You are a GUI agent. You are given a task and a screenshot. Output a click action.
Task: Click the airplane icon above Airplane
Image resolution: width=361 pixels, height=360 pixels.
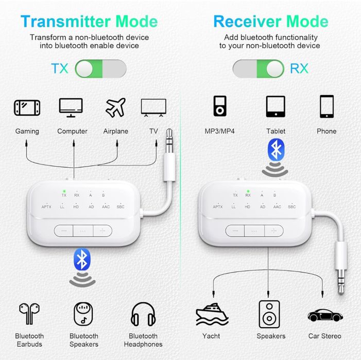(115, 107)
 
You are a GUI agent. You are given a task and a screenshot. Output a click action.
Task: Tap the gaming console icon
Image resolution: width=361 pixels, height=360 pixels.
(27, 107)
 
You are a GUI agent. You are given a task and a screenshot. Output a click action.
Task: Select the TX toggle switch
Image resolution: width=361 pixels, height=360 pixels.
(100, 69)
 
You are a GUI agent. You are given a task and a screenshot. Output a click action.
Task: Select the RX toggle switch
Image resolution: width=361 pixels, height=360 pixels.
(259, 69)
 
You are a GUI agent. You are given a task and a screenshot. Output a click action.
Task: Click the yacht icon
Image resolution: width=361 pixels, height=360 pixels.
(212, 314)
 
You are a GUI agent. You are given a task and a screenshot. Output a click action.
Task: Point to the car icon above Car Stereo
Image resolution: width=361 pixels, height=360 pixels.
(325, 315)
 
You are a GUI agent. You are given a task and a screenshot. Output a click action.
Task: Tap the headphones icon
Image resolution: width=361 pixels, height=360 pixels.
(143, 314)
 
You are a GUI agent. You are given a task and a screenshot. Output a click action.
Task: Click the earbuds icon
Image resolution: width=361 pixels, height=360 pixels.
(29, 314)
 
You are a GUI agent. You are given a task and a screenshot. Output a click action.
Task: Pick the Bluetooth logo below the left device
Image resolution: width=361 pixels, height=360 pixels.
(82, 259)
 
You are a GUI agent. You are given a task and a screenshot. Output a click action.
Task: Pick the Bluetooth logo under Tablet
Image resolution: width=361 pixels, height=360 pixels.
(276, 150)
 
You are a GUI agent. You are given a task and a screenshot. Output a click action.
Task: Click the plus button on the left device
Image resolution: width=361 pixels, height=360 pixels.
(102, 230)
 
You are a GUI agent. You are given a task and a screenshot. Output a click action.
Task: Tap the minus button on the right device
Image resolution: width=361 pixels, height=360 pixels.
(235, 230)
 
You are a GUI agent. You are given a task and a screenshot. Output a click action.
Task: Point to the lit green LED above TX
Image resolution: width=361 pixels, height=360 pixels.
(64, 191)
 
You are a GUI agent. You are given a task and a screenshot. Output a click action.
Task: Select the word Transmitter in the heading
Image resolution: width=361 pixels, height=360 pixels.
(65, 22)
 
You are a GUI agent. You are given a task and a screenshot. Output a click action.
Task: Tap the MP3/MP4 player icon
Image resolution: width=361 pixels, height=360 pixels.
(220, 106)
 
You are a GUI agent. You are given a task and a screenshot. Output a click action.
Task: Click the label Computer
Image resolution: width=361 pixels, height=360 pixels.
(72, 131)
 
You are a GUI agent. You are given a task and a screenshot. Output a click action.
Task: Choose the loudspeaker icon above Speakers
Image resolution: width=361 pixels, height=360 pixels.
(269, 314)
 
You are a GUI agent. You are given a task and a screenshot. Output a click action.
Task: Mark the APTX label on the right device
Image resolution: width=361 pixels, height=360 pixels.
(218, 207)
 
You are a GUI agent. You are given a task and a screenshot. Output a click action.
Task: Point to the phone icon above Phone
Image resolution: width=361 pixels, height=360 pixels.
(326, 106)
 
